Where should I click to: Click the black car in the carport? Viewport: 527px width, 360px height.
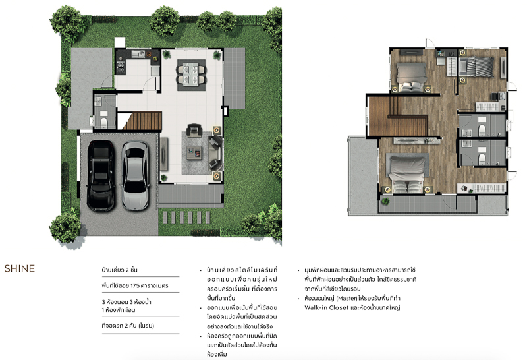coord(101,175)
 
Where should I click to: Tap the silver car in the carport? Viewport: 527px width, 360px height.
coord(135,175)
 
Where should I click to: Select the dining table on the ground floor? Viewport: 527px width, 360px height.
coord(191,75)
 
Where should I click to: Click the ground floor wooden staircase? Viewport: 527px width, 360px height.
coord(145,121)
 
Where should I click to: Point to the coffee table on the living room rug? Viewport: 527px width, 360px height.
coord(194,153)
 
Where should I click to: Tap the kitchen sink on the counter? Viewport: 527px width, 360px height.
coord(138,53)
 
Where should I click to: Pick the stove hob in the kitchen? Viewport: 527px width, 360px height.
coord(121,68)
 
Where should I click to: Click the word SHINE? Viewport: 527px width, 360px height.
coord(20,268)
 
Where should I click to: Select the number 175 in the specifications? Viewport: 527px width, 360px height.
coord(135,285)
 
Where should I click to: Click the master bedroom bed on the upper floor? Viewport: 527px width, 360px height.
coord(407,173)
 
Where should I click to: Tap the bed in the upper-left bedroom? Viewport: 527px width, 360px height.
coord(412,76)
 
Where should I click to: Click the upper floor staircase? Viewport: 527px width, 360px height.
coord(397,116)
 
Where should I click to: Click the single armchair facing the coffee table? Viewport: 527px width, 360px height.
coord(194,130)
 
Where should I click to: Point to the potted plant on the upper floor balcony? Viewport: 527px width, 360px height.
coord(385,202)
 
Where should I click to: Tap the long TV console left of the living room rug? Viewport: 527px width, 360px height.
coord(163,154)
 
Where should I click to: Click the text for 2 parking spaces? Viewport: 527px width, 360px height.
coord(128,326)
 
